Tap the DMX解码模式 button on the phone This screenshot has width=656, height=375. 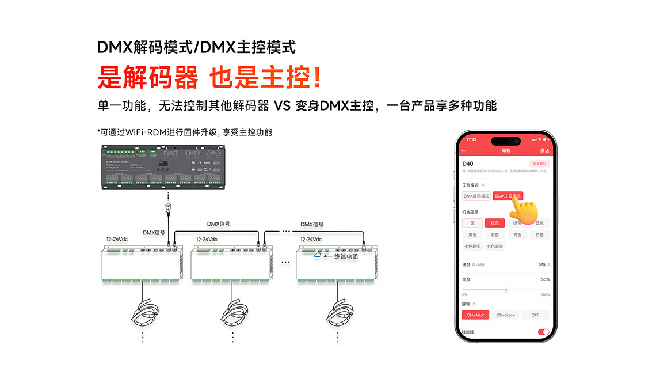476,196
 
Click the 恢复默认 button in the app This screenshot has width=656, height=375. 539,164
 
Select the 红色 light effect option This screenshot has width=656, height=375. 494,223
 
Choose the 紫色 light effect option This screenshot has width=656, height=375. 494,234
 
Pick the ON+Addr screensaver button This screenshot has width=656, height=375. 475,315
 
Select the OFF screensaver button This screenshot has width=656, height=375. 535,315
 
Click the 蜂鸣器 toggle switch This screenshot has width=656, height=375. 543,332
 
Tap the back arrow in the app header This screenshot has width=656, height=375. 464,150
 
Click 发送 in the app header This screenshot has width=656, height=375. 544,150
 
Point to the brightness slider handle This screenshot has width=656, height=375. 506,290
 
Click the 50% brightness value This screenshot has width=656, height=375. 546,279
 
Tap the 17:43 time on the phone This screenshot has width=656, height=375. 471,139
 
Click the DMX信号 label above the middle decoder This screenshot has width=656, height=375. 218,224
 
